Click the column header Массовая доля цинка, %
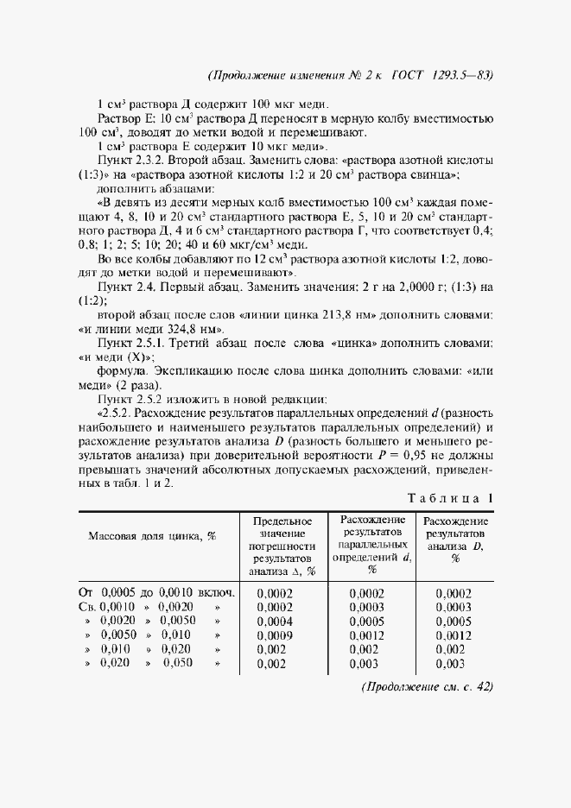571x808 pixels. coord(152,535)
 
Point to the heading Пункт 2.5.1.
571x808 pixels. coord(136,343)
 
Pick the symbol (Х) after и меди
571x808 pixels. coord(138,357)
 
